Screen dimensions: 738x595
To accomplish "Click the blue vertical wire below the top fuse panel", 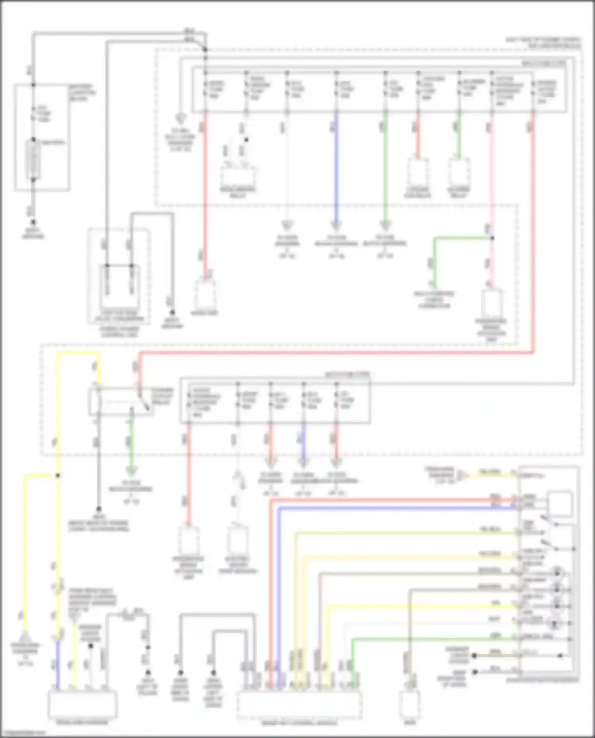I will coord(336,167).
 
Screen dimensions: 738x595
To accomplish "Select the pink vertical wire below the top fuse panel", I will coord(492,178).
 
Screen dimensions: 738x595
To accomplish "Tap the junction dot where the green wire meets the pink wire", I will coord(492,238).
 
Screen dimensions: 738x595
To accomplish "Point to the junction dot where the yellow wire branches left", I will coord(58,475).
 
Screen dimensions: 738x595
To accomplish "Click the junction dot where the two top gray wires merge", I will coord(205,50).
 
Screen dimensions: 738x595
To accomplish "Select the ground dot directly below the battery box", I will coord(33,222).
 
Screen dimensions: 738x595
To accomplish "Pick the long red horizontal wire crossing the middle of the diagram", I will coord(337,353).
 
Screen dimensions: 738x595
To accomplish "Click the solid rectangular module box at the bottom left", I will coord(83,704).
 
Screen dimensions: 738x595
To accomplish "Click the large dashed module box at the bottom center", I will coord(299,705).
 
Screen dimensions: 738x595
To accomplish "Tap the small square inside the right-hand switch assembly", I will coord(560,503).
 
